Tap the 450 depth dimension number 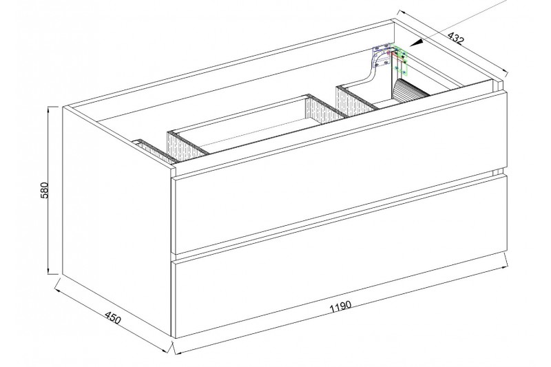point(113,317)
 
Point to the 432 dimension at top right point(456,38)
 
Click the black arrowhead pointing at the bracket point(416,43)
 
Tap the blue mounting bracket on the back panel point(382,55)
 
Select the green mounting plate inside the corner point(400,61)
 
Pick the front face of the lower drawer point(339,291)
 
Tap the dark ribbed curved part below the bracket point(409,91)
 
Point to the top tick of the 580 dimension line point(53,107)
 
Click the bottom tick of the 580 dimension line point(53,274)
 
